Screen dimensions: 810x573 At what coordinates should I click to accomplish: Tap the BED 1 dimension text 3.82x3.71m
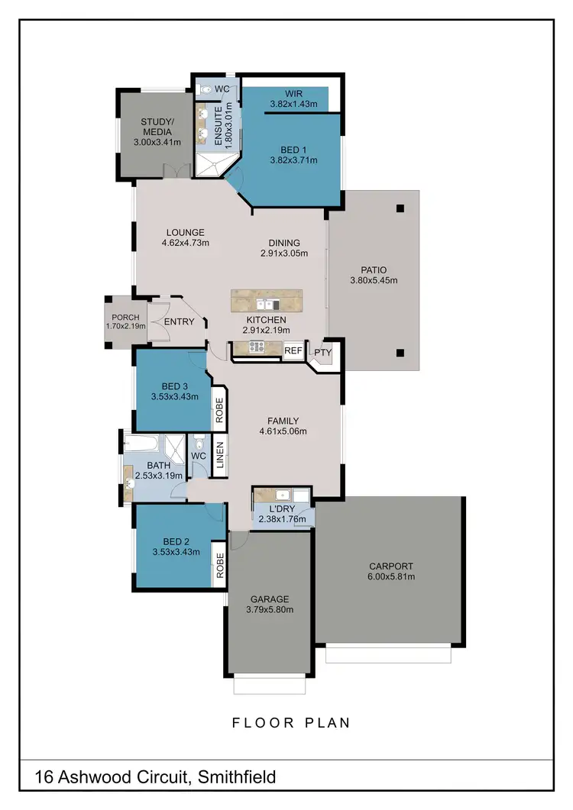tap(293, 160)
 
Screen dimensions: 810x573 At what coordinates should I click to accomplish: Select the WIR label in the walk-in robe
tap(293, 94)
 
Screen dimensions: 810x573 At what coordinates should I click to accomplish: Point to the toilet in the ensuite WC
tap(204, 89)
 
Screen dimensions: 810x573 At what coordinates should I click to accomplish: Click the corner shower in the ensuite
tap(209, 164)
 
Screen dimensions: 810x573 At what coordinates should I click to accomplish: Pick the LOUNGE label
tap(185, 233)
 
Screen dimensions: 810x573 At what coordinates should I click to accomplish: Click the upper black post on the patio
tap(400, 208)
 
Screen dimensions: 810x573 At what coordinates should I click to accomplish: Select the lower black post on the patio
tap(400, 353)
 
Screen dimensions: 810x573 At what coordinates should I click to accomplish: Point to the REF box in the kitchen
tap(293, 351)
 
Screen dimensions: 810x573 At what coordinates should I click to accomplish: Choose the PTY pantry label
tap(323, 352)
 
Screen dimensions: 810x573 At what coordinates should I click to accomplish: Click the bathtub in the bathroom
tap(144, 444)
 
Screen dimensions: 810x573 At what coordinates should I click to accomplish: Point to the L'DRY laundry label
tap(283, 509)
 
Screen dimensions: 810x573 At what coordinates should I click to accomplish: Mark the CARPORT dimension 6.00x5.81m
tap(390, 576)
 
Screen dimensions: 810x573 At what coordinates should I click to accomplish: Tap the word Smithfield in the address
tap(237, 778)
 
